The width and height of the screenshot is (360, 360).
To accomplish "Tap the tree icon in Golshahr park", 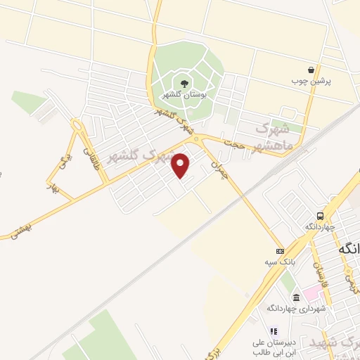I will coord(184,84).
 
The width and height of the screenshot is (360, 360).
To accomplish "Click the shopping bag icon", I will coord(311,70).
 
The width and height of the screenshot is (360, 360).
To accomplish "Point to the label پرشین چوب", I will coord(311,81).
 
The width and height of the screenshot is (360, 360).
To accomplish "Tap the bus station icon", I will coord(321,216).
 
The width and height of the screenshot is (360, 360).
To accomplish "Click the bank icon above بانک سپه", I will coord(280,251).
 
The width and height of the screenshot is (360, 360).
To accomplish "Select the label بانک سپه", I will coord(278,262).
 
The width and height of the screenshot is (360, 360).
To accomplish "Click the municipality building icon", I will coord(295,296).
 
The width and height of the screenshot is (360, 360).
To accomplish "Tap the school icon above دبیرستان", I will coord(274,330).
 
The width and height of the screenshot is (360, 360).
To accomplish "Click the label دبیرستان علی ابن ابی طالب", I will coord(272,346).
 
